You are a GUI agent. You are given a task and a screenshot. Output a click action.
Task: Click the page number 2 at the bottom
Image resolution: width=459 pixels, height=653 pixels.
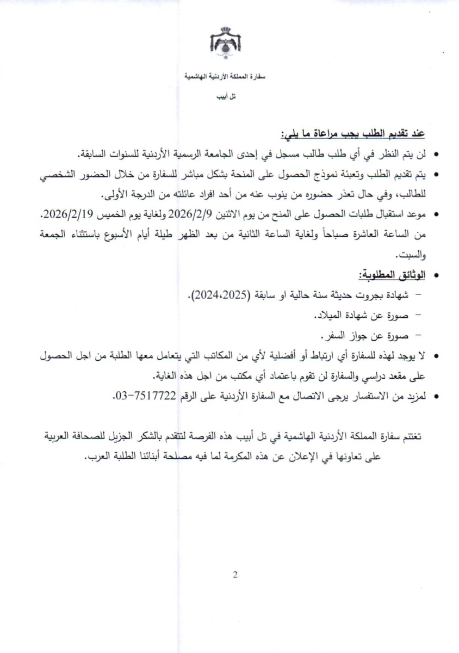coord(235,575)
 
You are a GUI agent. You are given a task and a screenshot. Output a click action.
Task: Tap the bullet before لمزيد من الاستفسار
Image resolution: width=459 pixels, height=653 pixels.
coord(436,397)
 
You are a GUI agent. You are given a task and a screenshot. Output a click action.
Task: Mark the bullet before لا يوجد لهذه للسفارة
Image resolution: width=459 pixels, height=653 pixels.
coord(436,356)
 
